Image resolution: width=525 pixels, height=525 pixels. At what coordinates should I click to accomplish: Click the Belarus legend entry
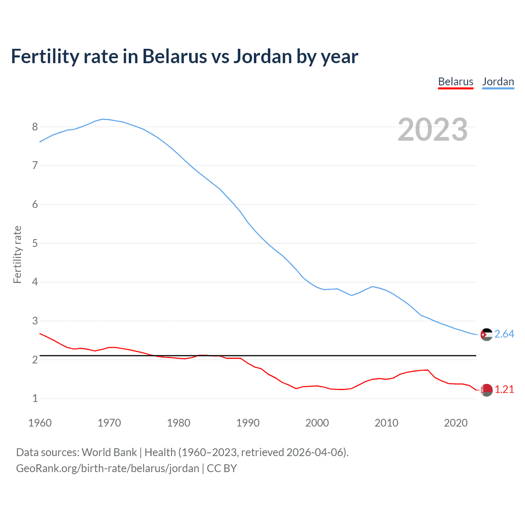tap(456, 82)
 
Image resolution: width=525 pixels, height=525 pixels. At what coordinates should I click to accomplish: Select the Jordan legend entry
tap(498, 82)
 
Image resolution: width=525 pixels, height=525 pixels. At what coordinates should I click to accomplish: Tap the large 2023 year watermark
tap(433, 130)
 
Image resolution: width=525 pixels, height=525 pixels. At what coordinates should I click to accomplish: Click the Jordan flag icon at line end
tap(486, 335)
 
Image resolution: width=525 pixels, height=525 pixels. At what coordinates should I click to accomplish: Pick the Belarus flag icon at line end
tap(486, 390)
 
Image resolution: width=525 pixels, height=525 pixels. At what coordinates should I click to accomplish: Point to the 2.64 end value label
tap(504, 334)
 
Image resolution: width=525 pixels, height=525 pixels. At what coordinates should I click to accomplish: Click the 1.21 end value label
tap(504, 390)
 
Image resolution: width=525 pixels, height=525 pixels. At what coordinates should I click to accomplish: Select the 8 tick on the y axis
tap(35, 127)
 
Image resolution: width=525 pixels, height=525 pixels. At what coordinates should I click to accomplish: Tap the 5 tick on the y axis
tap(35, 244)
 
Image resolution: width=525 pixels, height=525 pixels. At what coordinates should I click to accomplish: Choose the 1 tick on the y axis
tap(35, 399)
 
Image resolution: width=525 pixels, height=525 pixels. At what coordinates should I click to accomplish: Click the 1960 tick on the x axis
tap(40, 423)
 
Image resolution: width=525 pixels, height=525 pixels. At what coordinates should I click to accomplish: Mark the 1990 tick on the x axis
tap(248, 423)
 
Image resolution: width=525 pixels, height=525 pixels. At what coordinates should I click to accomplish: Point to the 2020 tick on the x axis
tap(456, 423)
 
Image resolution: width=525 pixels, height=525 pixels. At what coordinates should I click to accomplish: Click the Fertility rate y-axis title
tap(17, 254)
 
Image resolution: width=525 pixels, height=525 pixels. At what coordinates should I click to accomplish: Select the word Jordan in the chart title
tap(262, 57)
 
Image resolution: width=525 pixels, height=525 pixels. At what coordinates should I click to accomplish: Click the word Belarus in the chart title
tap(174, 57)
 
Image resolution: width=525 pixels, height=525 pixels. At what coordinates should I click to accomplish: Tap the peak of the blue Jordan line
tap(103, 119)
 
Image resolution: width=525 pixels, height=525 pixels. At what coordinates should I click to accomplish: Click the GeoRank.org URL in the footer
tap(107, 468)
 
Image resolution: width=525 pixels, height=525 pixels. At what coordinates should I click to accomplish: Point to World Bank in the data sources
tap(109, 452)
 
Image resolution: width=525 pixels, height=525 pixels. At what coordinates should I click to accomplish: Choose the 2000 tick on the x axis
tap(317, 423)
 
